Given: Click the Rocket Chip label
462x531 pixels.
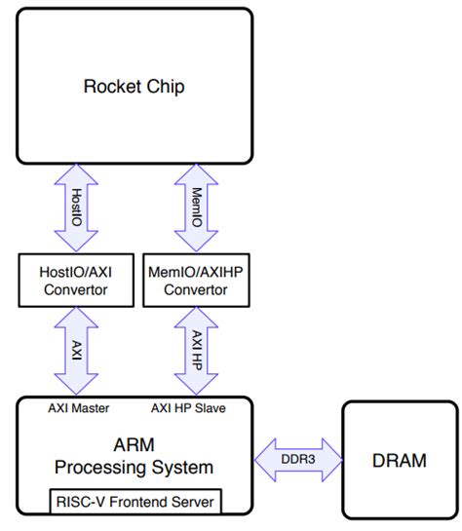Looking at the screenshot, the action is [x=135, y=87].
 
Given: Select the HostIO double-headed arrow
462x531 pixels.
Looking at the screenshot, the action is [x=76, y=208].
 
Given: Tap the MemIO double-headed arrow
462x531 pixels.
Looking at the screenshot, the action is [x=196, y=208].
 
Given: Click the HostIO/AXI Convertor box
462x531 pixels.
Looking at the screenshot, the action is [x=76, y=281].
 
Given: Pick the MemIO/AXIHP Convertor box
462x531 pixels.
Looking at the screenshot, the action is [x=197, y=281].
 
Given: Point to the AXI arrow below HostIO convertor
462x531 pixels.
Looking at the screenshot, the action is [x=76, y=351].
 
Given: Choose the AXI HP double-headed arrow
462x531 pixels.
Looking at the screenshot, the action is [x=196, y=351].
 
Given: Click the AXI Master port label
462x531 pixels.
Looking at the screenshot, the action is [x=79, y=408].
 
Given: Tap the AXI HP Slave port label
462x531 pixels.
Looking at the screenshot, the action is [x=188, y=408].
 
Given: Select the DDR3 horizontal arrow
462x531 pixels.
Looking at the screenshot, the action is [x=298, y=460].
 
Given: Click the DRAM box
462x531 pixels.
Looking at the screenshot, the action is [x=400, y=460].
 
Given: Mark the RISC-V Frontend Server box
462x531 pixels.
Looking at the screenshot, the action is [x=135, y=502].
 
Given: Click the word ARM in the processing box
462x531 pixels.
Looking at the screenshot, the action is [x=135, y=444].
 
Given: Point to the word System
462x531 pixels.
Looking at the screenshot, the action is [x=182, y=468].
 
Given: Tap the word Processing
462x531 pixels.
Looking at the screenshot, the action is [x=100, y=468].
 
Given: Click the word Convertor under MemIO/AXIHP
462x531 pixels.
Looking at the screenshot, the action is [x=196, y=290].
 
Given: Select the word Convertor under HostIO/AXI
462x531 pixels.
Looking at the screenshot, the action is [x=76, y=290].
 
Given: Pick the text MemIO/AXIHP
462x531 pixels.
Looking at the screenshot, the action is [x=196, y=272].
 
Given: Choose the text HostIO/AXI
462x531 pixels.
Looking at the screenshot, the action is [x=75, y=272].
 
